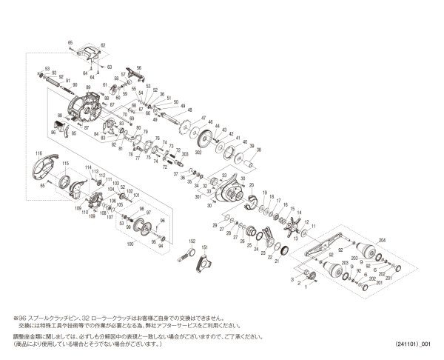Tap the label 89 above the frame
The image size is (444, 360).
[x=87, y=87]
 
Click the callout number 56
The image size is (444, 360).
[x=138, y=67]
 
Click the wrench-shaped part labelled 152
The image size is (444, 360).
[x=184, y=256]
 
